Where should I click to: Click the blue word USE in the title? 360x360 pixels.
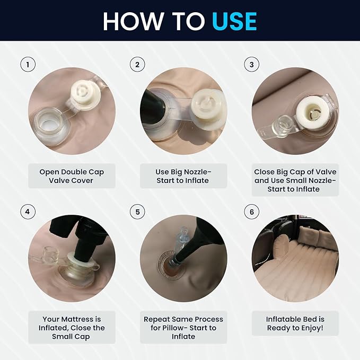(x=234, y=21)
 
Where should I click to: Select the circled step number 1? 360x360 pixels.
(x=28, y=65)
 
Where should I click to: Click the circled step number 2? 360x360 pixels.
(x=137, y=65)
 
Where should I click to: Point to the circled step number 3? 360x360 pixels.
(x=252, y=65)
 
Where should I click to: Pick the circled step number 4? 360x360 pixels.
(x=28, y=212)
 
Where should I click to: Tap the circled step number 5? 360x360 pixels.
(x=137, y=212)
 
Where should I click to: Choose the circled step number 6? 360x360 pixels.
(x=252, y=212)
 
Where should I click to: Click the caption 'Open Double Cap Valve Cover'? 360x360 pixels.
(x=72, y=176)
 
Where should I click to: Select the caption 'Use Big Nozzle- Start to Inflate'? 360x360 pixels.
(x=183, y=176)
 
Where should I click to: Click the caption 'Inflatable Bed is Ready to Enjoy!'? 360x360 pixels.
(x=295, y=323)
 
